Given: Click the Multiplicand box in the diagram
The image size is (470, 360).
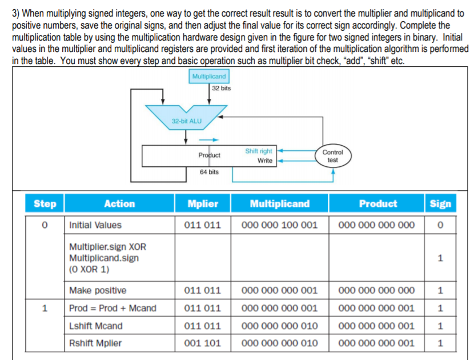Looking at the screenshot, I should tap(208, 76).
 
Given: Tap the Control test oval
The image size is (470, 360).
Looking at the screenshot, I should tap(332, 156).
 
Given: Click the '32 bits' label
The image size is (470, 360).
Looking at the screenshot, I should tap(221, 88).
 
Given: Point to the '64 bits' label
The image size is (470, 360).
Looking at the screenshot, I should tap(209, 171).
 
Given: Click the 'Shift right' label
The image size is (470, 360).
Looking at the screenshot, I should tap(259, 151).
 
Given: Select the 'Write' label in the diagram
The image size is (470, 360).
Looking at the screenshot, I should tap(264, 161).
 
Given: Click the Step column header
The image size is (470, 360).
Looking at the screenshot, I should tap(45, 203).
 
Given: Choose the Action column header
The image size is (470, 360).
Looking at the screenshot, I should tap(119, 203).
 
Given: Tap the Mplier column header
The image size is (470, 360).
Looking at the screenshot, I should tap(202, 203).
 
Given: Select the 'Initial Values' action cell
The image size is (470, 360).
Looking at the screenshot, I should tap(95, 225).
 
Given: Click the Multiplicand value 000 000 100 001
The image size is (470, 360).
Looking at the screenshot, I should tap(280, 225).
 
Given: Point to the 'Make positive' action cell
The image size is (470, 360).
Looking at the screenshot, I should tap(98, 290).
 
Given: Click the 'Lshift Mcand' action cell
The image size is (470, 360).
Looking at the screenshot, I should tap(95, 326).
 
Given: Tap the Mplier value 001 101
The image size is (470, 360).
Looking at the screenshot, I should tap(202, 343).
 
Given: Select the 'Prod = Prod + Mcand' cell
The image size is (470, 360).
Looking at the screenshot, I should tap(113, 308).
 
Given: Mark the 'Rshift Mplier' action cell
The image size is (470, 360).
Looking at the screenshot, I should tap(95, 343).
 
